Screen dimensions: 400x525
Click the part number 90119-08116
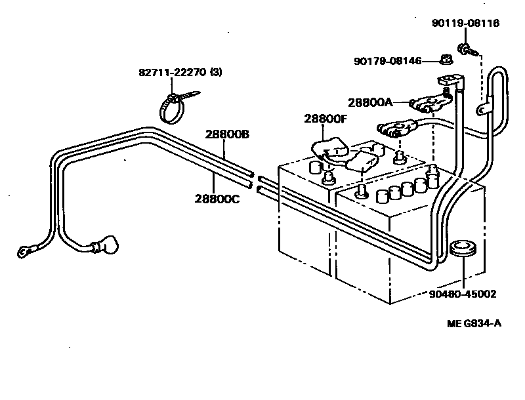coord(465,23)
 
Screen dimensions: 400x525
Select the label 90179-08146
coord(387,61)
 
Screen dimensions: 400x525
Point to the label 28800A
coord(369,102)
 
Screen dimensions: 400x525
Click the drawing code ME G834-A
coord(474,323)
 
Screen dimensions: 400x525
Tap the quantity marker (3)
coord(216,72)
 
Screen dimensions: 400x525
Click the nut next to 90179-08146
coord(444,61)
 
